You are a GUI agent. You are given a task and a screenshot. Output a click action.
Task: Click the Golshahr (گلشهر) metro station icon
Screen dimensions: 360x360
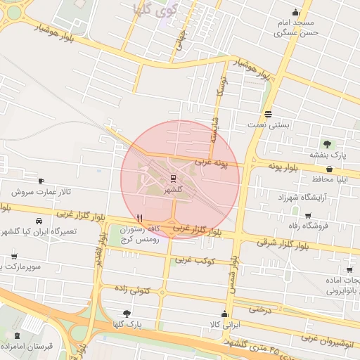point(172,178)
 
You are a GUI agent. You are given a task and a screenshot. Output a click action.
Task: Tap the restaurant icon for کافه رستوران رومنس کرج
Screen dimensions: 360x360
point(140,218)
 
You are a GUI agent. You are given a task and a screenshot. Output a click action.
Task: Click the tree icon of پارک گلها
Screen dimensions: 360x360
point(127,314)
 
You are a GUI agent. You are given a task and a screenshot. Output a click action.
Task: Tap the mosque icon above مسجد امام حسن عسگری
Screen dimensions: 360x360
point(296,12)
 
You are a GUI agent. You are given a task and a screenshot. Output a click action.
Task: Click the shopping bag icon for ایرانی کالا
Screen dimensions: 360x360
point(225,314)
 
